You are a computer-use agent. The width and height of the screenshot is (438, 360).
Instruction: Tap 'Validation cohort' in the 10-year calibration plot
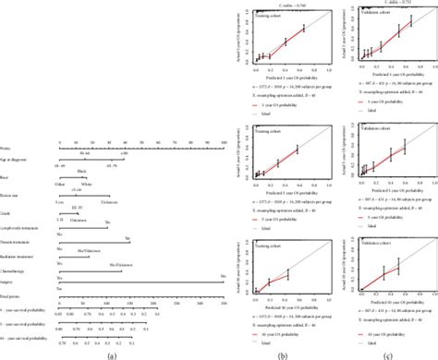pyautogui.click(x=378, y=246)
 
